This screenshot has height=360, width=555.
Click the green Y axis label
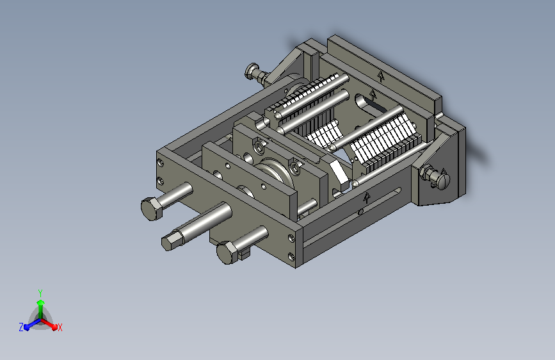pos(40,293)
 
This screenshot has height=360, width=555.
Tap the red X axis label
pos(60,327)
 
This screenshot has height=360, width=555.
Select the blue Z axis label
pos(21,327)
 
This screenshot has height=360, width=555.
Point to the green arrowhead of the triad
pos(41,303)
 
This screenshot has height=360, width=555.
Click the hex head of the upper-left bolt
pos(152,209)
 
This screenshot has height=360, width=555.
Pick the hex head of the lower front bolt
pos(227,252)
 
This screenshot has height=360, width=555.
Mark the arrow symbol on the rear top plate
pos(380,76)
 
